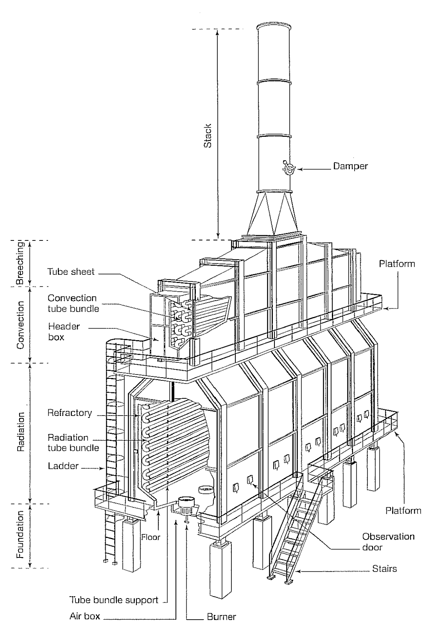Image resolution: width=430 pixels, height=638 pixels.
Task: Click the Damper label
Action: click(350, 166)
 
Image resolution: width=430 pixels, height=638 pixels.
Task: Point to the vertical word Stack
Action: click(207, 136)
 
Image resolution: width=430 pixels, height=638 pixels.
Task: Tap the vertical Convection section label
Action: click(20, 325)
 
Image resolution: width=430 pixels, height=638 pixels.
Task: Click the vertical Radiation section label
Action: click(20, 432)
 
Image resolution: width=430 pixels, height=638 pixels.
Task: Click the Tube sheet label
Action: click(71, 272)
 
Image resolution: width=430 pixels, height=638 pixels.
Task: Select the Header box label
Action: click(64, 331)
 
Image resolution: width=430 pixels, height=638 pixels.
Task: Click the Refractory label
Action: click(69, 413)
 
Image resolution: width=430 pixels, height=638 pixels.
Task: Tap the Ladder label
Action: click(63, 466)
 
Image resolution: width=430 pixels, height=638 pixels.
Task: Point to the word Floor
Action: click(151, 537)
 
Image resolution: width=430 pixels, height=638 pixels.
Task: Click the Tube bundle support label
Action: click(114, 600)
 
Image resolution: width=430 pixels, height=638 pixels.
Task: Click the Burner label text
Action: click(221, 617)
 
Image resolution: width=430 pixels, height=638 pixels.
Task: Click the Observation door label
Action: click(388, 542)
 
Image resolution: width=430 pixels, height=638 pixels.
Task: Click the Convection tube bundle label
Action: click(73, 303)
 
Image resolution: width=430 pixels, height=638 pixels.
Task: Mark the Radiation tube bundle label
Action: click(73, 443)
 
